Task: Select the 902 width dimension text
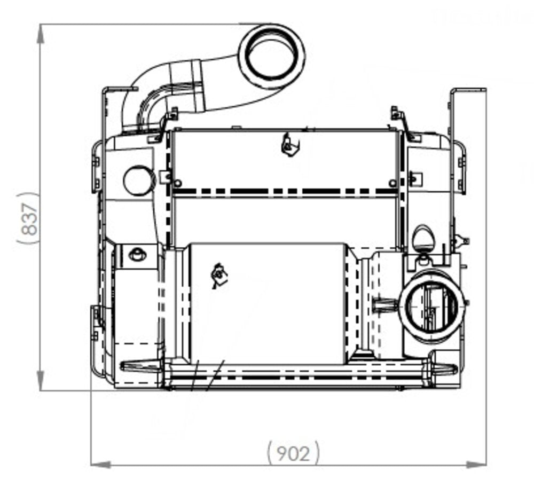coord(294,453)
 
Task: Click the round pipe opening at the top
coord(271,57)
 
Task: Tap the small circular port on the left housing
coord(139,180)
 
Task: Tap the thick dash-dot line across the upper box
coord(283,191)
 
